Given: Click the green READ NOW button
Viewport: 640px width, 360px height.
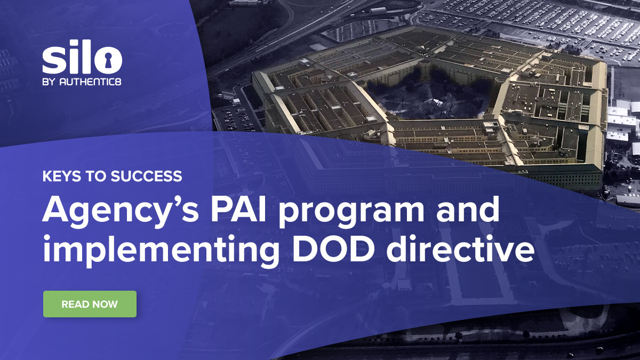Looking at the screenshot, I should tap(90, 304).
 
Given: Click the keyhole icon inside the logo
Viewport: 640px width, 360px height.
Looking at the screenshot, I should tap(111, 60).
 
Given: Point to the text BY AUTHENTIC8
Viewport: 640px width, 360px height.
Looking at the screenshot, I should tap(85, 83).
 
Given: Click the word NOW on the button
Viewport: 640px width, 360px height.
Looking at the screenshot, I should tap(105, 305).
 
